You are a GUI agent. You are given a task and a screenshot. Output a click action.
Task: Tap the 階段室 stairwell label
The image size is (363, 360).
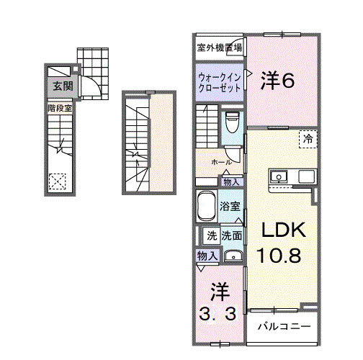[x=60, y=108]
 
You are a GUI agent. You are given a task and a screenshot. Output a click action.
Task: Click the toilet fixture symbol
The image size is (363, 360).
[x=232, y=122]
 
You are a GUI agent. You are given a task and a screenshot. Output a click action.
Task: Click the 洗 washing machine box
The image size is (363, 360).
[x=212, y=235]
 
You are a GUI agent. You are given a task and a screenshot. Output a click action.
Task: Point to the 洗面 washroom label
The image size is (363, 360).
[x=231, y=235]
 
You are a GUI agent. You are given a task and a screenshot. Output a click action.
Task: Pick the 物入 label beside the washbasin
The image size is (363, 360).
[x=207, y=256]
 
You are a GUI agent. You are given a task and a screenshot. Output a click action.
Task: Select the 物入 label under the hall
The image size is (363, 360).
[x=231, y=181]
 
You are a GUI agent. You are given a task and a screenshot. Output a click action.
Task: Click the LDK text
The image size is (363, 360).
[x=283, y=230]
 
